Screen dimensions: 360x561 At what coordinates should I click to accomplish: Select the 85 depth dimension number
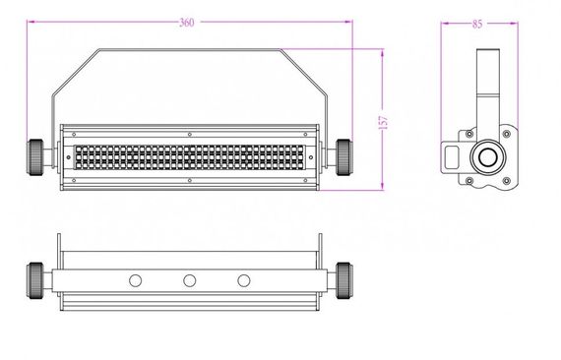click(478, 23)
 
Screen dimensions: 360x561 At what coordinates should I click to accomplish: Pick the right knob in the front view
click(344, 155)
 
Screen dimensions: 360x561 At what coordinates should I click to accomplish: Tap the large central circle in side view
click(487, 157)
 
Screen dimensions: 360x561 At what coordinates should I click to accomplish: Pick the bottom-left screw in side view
click(470, 181)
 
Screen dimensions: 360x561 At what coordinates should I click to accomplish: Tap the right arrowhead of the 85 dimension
click(519, 21)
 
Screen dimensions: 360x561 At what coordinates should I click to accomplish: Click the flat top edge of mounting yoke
click(188, 49)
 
